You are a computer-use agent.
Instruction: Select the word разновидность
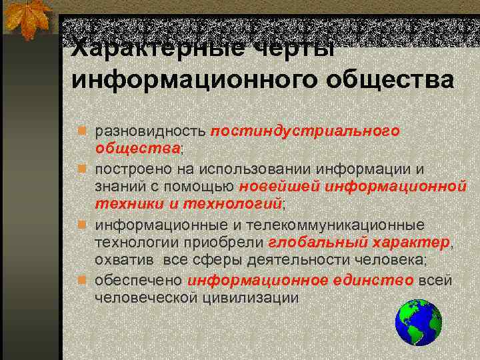150,131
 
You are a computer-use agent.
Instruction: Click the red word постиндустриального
305,131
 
